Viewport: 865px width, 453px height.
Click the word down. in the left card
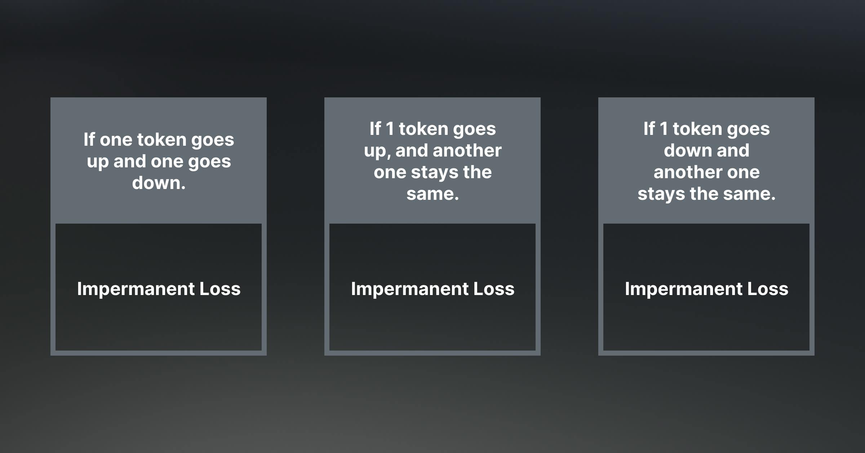tap(159, 183)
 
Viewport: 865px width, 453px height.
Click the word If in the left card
tap(89, 140)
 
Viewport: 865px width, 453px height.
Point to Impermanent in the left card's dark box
tap(136, 289)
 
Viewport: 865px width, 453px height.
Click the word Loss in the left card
tap(220, 289)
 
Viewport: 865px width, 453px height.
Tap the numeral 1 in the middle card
tap(390, 129)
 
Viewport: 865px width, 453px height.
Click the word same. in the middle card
tap(432, 194)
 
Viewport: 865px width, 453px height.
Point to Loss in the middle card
tap(494, 289)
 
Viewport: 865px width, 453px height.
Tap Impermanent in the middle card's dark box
tap(410, 289)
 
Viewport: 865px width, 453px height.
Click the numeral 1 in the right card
tap(664, 129)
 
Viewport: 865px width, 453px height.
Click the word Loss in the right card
tap(768, 289)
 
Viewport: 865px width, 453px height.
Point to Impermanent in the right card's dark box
tap(684, 289)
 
